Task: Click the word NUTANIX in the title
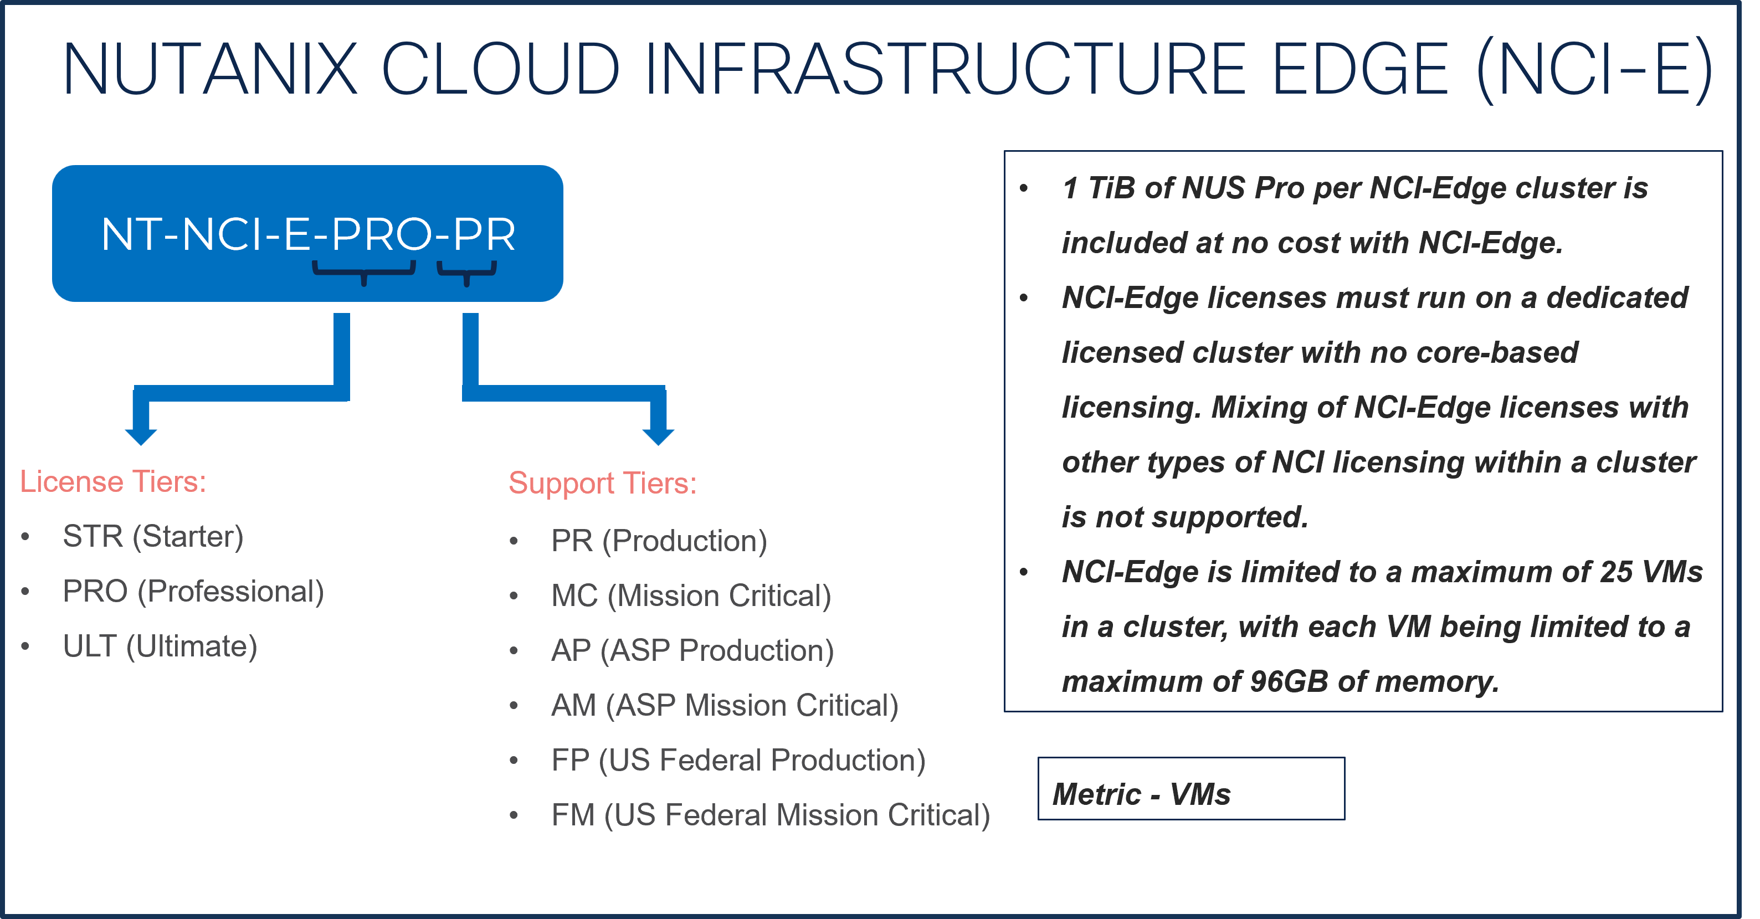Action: click(210, 69)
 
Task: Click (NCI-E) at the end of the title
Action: click(1594, 69)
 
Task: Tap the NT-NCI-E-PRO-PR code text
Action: click(307, 234)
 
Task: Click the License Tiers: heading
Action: click(112, 482)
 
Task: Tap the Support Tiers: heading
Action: click(603, 483)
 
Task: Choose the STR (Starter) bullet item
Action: click(153, 536)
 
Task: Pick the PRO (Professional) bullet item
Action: click(193, 592)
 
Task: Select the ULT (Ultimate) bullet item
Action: click(160, 646)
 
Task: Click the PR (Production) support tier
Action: click(659, 541)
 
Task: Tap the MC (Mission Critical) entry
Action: click(691, 596)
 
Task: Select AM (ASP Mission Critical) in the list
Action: click(724, 706)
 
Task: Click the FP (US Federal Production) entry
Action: click(738, 761)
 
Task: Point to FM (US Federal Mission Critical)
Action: click(770, 815)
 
